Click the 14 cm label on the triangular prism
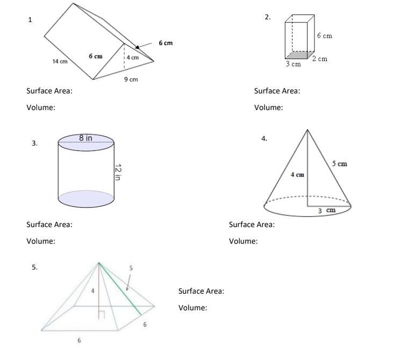click(x=60, y=61)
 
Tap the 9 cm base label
click(x=131, y=79)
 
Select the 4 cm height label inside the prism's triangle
click(x=133, y=57)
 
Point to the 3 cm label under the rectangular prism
click(x=293, y=64)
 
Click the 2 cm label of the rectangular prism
click(x=319, y=59)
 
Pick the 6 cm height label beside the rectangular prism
click(x=324, y=36)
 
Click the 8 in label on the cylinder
click(x=85, y=138)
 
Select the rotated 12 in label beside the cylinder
click(x=117, y=172)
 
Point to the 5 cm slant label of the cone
click(x=339, y=163)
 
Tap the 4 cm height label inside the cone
click(x=297, y=174)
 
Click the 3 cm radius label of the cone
click(x=326, y=210)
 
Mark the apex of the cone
click(x=308, y=129)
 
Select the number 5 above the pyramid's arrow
click(x=131, y=267)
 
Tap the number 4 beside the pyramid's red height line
click(x=92, y=290)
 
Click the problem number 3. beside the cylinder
click(x=34, y=143)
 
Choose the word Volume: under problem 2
click(x=268, y=107)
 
